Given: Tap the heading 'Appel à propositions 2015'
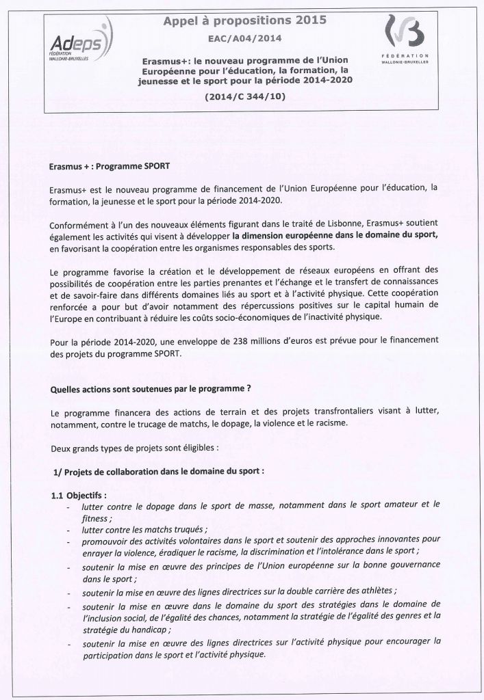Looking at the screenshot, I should [245, 21].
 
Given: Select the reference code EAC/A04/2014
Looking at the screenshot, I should [246, 40].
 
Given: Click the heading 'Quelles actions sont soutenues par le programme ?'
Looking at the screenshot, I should [151, 390].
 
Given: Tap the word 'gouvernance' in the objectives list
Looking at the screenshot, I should [403, 566].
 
